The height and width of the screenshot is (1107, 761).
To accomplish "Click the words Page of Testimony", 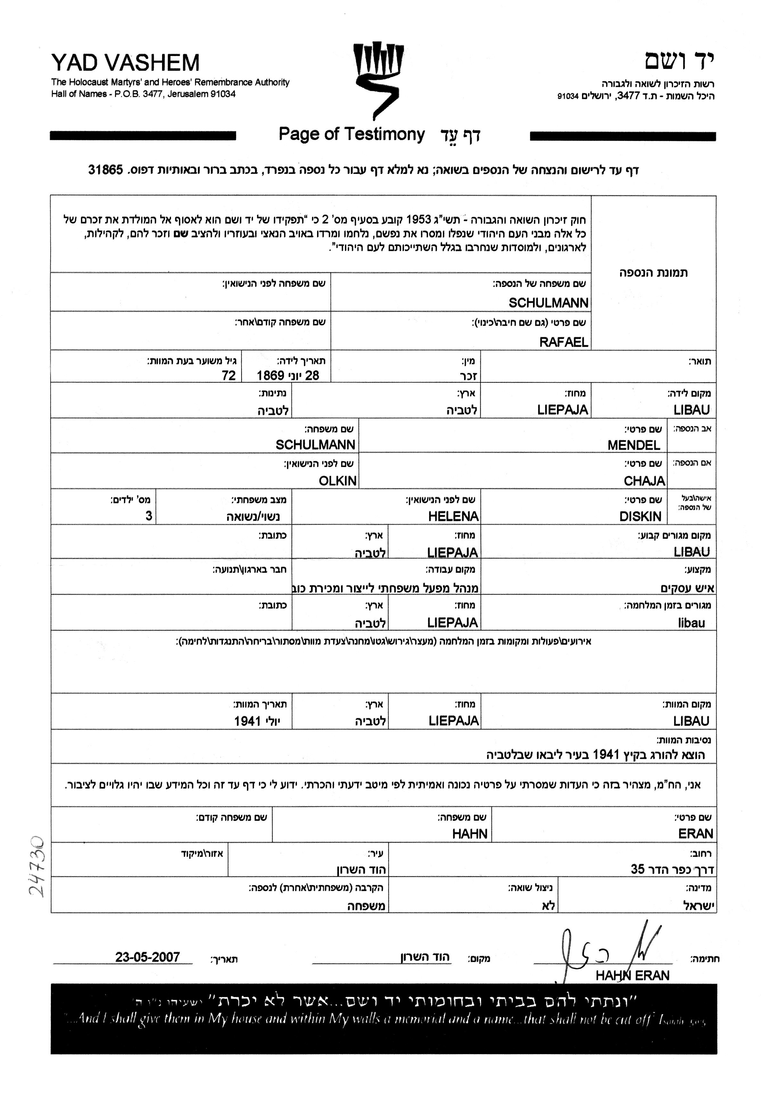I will (351, 135).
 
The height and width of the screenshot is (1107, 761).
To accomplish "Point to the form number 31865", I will (105, 170).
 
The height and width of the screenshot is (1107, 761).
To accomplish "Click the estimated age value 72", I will (229, 376).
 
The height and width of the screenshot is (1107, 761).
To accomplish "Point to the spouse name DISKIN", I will (640, 516).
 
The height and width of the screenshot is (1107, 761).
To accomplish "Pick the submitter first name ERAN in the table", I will (695, 834).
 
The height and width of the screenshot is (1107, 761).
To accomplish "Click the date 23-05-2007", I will (147, 957).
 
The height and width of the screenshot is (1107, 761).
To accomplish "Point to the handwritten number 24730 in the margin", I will (37, 865).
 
